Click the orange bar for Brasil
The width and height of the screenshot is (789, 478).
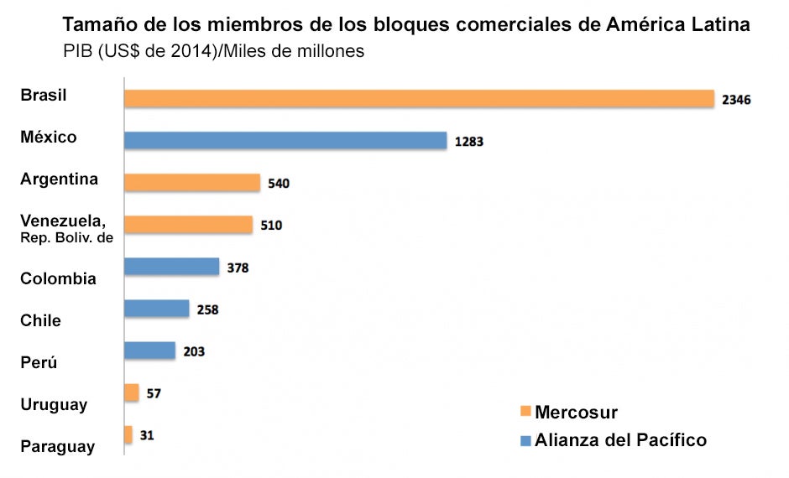[x=418, y=98]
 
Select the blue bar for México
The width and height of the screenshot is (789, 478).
[x=285, y=140]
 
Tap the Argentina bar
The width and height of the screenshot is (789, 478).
[x=192, y=182]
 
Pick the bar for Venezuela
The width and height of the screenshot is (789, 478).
[x=188, y=224]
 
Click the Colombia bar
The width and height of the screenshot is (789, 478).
[x=171, y=267]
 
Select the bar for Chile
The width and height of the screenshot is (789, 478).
[x=157, y=309]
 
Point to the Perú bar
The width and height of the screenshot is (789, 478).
[x=149, y=351]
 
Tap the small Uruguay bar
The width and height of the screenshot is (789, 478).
[x=131, y=392]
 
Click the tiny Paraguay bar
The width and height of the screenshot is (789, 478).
[x=128, y=434]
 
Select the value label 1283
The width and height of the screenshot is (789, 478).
[x=469, y=142]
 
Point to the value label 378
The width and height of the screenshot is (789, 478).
[x=238, y=268]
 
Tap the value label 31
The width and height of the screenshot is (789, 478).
[x=147, y=435]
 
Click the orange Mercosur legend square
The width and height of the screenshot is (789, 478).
[x=526, y=412]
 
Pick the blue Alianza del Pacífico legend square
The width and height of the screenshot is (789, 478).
[x=526, y=440]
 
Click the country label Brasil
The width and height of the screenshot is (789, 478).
[x=44, y=95]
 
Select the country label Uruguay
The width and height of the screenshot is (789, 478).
[x=54, y=405]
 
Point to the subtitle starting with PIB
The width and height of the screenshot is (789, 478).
[x=213, y=51]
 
